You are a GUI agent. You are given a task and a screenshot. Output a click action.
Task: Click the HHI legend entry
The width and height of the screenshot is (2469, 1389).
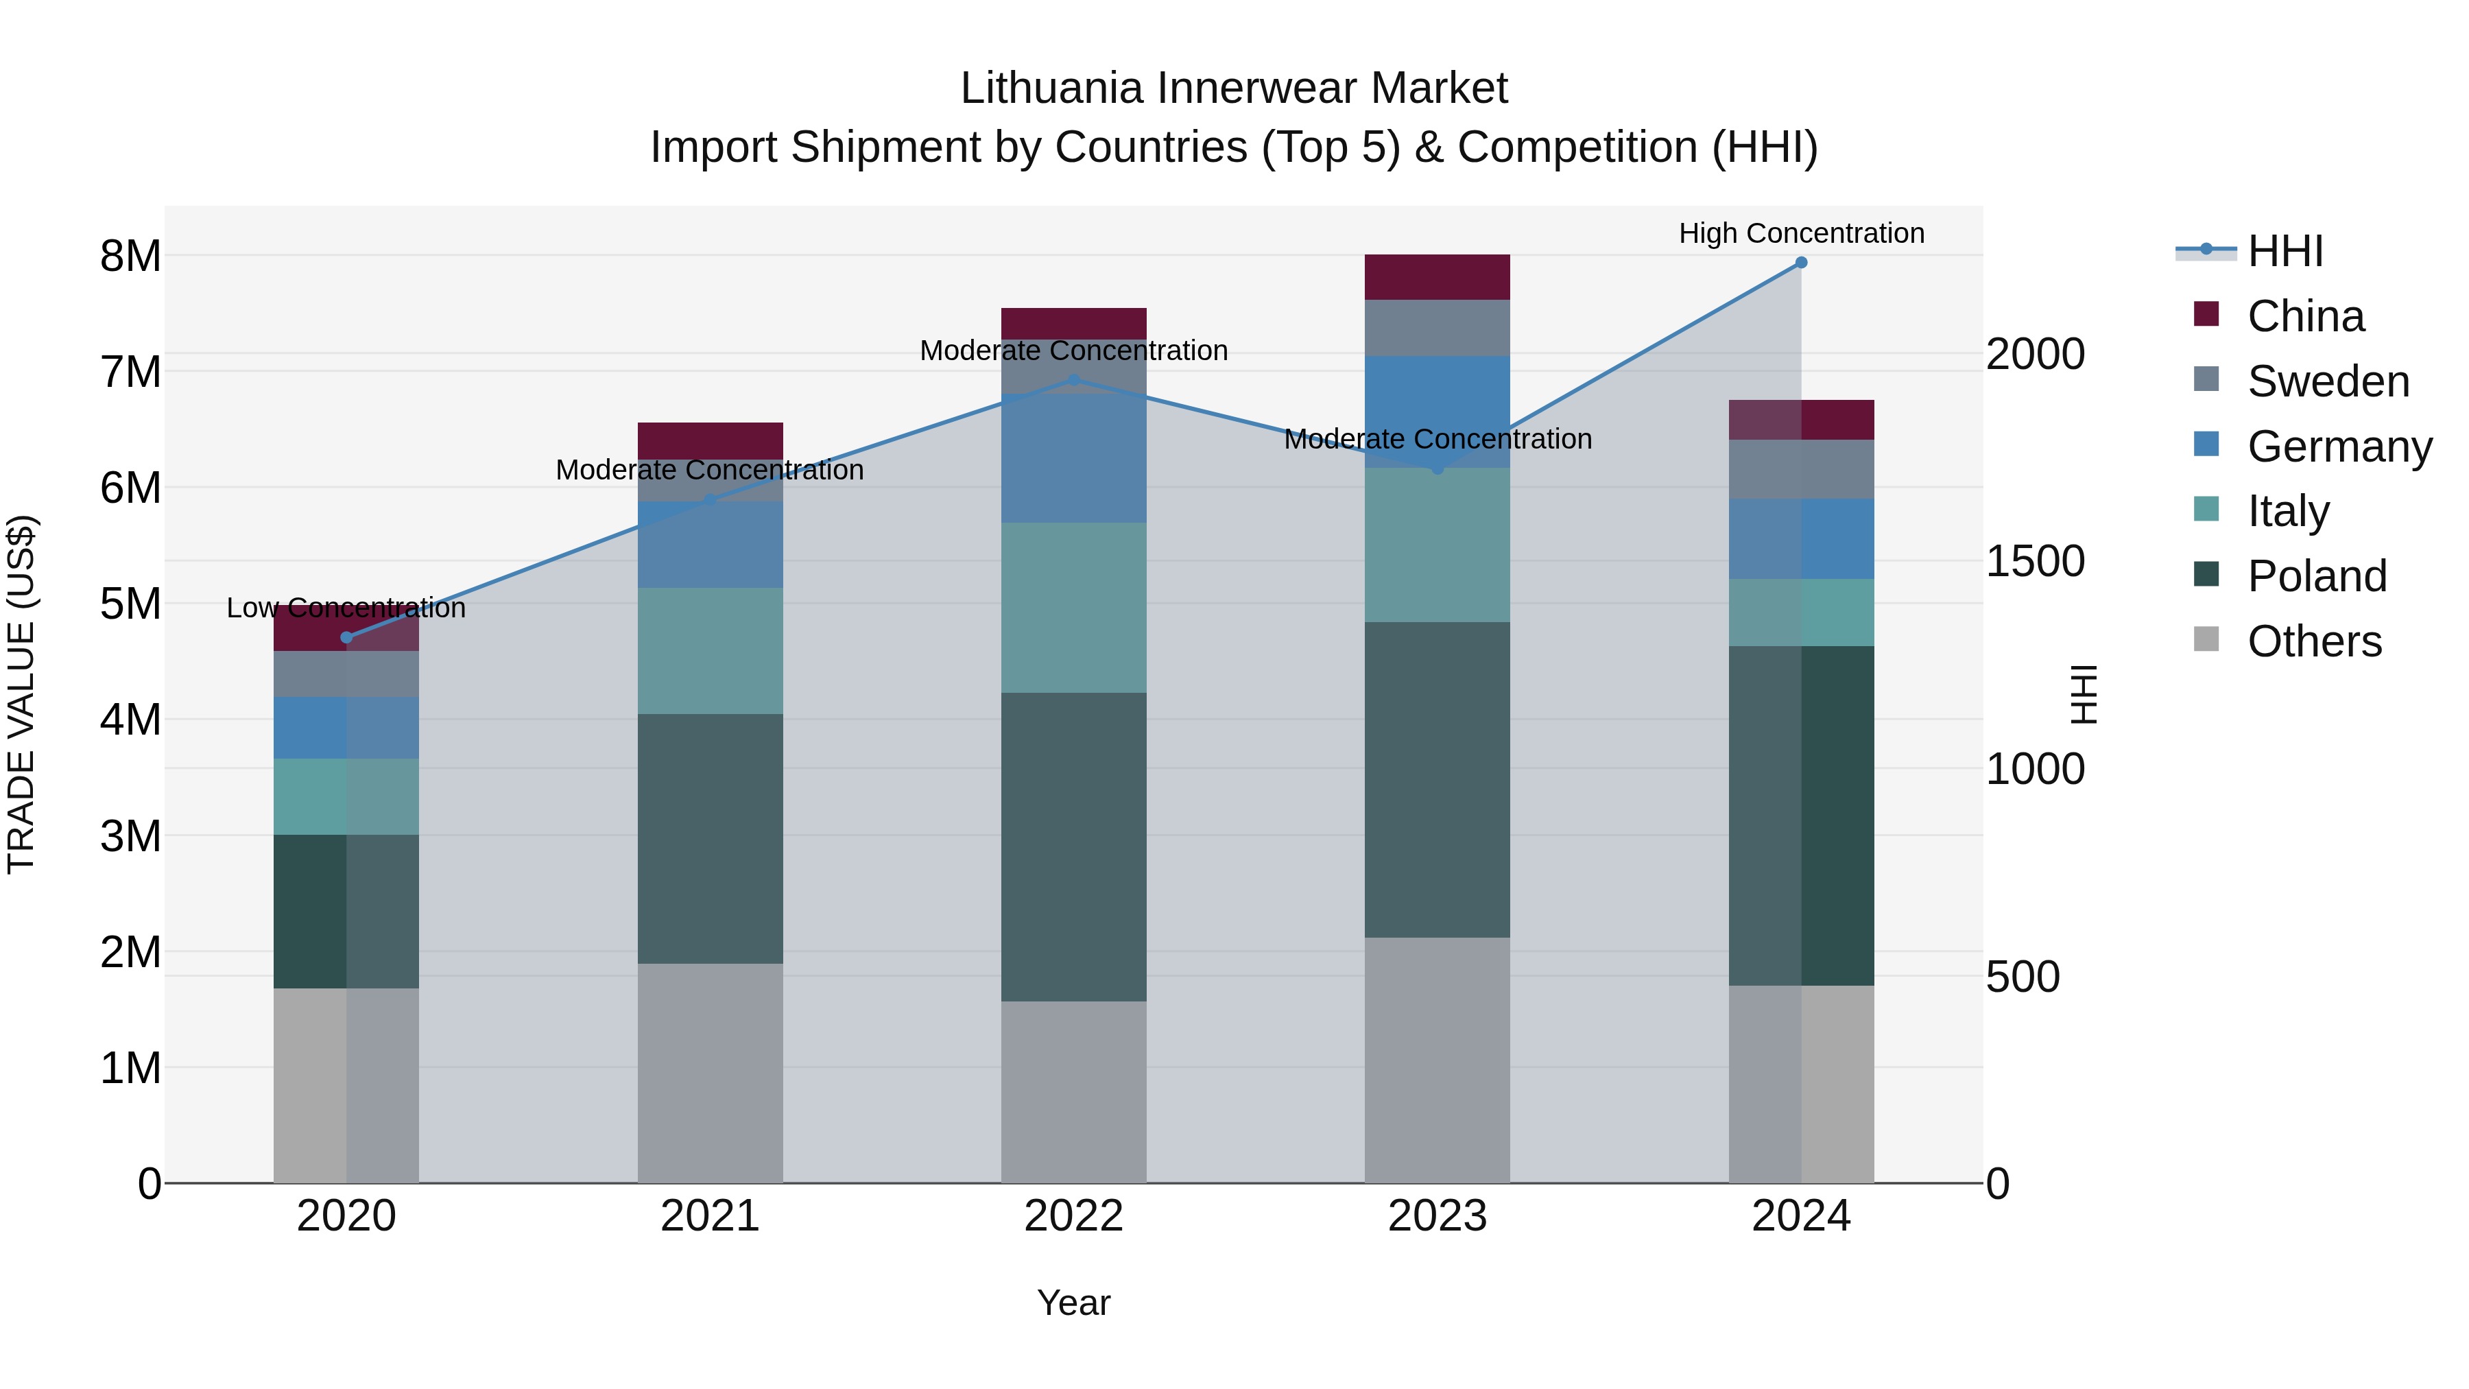[x=2285, y=251]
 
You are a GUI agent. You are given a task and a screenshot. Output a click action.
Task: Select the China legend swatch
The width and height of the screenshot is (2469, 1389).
[x=2206, y=314]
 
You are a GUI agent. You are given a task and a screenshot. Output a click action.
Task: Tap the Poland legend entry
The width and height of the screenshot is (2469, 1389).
[x=2317, y=576]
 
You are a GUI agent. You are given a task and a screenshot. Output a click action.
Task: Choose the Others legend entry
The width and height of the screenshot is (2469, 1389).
[x=2314, y=641]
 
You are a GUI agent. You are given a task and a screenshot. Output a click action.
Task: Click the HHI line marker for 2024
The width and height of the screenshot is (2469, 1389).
[x=1801, y=263]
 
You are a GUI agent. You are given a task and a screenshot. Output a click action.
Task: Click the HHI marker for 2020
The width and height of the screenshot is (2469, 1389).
[x=347, y=637]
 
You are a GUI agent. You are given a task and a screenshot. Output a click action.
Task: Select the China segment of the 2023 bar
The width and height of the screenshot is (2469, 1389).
[x=1437, y=277]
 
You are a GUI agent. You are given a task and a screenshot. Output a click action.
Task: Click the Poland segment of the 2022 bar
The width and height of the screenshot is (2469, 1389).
[x=1073, y=847]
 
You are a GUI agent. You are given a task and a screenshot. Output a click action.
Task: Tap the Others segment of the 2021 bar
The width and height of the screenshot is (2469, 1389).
[x=711, y=1073]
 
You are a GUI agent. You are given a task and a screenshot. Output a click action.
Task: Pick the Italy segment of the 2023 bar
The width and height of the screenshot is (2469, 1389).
[x=1437, y=545]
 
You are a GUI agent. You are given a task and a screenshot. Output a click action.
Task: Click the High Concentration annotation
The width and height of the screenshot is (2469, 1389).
[x=1801, y=233]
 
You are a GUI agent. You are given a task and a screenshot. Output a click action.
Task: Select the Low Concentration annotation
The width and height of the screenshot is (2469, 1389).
[x=346, y=608]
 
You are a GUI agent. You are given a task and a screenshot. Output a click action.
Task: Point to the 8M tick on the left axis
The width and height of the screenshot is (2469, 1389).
[x=130, y=256]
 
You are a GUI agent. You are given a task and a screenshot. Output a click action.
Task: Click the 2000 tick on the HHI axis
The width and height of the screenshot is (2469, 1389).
[x=2034, y=355]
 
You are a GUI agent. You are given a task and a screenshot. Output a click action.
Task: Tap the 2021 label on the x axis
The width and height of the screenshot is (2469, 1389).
[x=711, y=1216]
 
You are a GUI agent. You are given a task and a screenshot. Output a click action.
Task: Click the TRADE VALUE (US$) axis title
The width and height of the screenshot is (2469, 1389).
[x=22, y=695]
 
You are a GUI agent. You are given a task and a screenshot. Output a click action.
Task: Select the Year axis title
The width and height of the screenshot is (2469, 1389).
[x=1073, y=1303]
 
